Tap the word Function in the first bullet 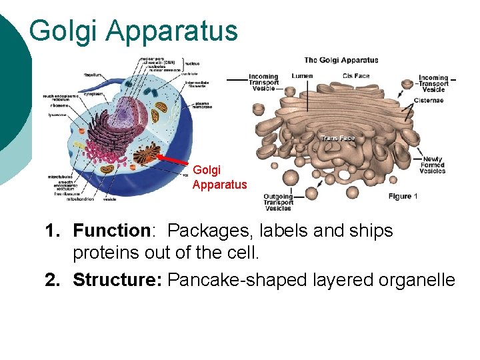[x=112, y=231]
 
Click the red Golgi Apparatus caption [x=219, y=177]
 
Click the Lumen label [x=301, y=76]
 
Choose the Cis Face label [x=356, y=76]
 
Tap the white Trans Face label [x=337, y=139]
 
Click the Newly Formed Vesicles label [x=433, y=165]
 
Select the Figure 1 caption [x=403, y=197]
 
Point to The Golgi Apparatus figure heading [x=341, y=60]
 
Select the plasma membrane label [x=203, y=107]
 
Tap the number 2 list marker [x=53, y=280]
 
